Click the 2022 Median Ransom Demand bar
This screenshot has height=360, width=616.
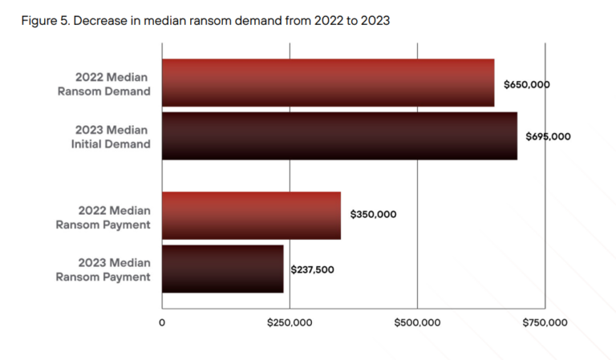(328, 83)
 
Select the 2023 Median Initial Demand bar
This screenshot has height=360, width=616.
(339, 136)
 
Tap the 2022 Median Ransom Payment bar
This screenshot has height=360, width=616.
(251, 215)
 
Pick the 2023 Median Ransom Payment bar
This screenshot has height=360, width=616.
(223, 269)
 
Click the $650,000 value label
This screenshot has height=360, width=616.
(526, 84)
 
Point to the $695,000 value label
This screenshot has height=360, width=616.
(548, 136)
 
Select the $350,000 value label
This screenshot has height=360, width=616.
(373, 215)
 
